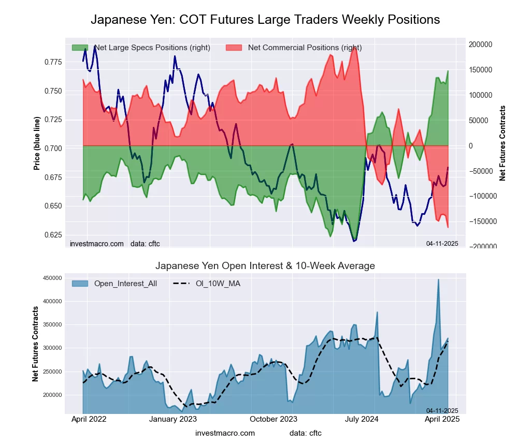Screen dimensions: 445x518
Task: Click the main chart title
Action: tap(265, 20)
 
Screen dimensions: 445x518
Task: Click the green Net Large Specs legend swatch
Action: tap(80, 48)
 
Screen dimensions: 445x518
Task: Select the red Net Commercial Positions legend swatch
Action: tap(234, 48)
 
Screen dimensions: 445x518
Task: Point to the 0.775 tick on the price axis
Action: tap(51, 62)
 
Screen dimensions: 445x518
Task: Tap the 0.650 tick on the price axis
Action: tap(51, 206)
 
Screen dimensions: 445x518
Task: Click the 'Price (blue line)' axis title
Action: tap(37, 144)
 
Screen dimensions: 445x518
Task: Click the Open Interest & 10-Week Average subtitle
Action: tap(265, 266)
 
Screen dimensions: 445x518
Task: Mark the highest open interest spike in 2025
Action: tap(438, 279)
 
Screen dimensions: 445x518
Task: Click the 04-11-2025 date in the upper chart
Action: tap(442, 243)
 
